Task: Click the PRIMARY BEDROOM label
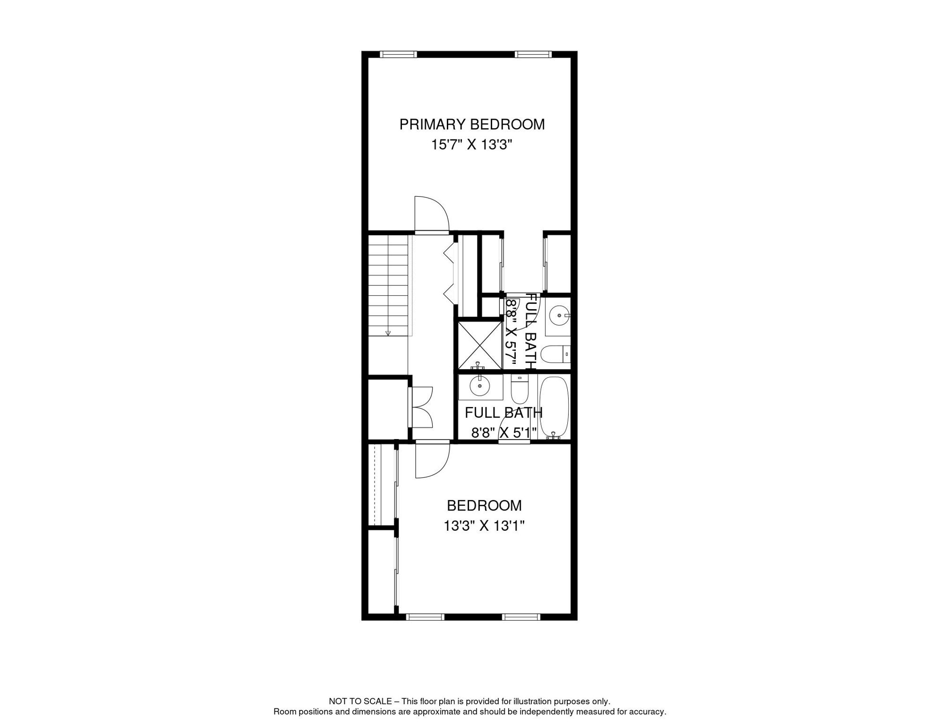tap(472, 124)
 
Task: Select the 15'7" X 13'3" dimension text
tap(471, 145)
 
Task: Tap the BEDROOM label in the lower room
tap(484, 506)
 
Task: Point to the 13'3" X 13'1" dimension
tap(484, 526)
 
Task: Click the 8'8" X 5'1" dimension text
tap(504, 432)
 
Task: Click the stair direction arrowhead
tap(388, 333)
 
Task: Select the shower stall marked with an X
tap(480, 345)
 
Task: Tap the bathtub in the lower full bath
tap(554, 406)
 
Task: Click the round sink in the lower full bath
tap(480, 387)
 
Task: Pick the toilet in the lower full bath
tap(520, 389)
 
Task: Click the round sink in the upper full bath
tap(559, 315)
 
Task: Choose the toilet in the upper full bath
tap(555, 354)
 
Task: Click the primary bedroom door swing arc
tap(432, 215)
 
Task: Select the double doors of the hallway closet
tap(422, 407)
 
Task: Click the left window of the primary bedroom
tap(398, 54)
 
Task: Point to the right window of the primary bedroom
tap(533, 54)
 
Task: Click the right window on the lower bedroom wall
tap(521, 617)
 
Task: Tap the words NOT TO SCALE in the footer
tap(360, 701)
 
